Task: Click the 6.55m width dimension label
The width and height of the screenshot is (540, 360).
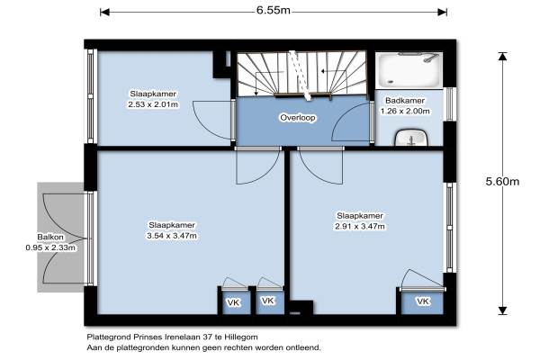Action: click(x=273, y=11)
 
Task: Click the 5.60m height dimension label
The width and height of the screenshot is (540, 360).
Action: click(x=502, y=181)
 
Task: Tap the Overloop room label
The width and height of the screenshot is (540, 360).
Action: click(x=298, y=118)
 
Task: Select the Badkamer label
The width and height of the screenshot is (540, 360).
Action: click(x=405, y=101)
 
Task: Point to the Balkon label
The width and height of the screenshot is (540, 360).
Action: click(x=50, y=237)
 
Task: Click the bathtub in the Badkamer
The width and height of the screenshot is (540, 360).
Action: click(x=409, y=71)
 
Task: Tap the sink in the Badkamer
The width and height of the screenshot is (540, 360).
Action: click(x=411, y=138)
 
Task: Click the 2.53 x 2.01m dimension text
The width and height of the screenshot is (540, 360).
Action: click(x=153, y=104)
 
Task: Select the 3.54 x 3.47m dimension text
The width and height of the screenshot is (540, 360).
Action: click(x=172, y=236)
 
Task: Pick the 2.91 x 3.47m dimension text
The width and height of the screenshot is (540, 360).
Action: click(x=360, y=226)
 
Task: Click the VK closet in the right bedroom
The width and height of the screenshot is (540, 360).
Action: click(x=423, y=301)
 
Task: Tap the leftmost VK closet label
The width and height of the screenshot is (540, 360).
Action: click(x=233, y=302)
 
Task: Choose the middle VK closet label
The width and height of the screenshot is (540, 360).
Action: click(x=267, y=301)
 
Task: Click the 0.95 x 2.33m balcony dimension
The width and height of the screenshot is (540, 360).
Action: click(x=50, y=247)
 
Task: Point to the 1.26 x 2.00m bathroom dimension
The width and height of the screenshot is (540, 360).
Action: click(x=405, y=112)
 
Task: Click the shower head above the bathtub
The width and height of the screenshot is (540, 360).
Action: click(x=429, y=58)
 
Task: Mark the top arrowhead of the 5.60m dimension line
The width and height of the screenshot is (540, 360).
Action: click(x=503, y=56)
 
